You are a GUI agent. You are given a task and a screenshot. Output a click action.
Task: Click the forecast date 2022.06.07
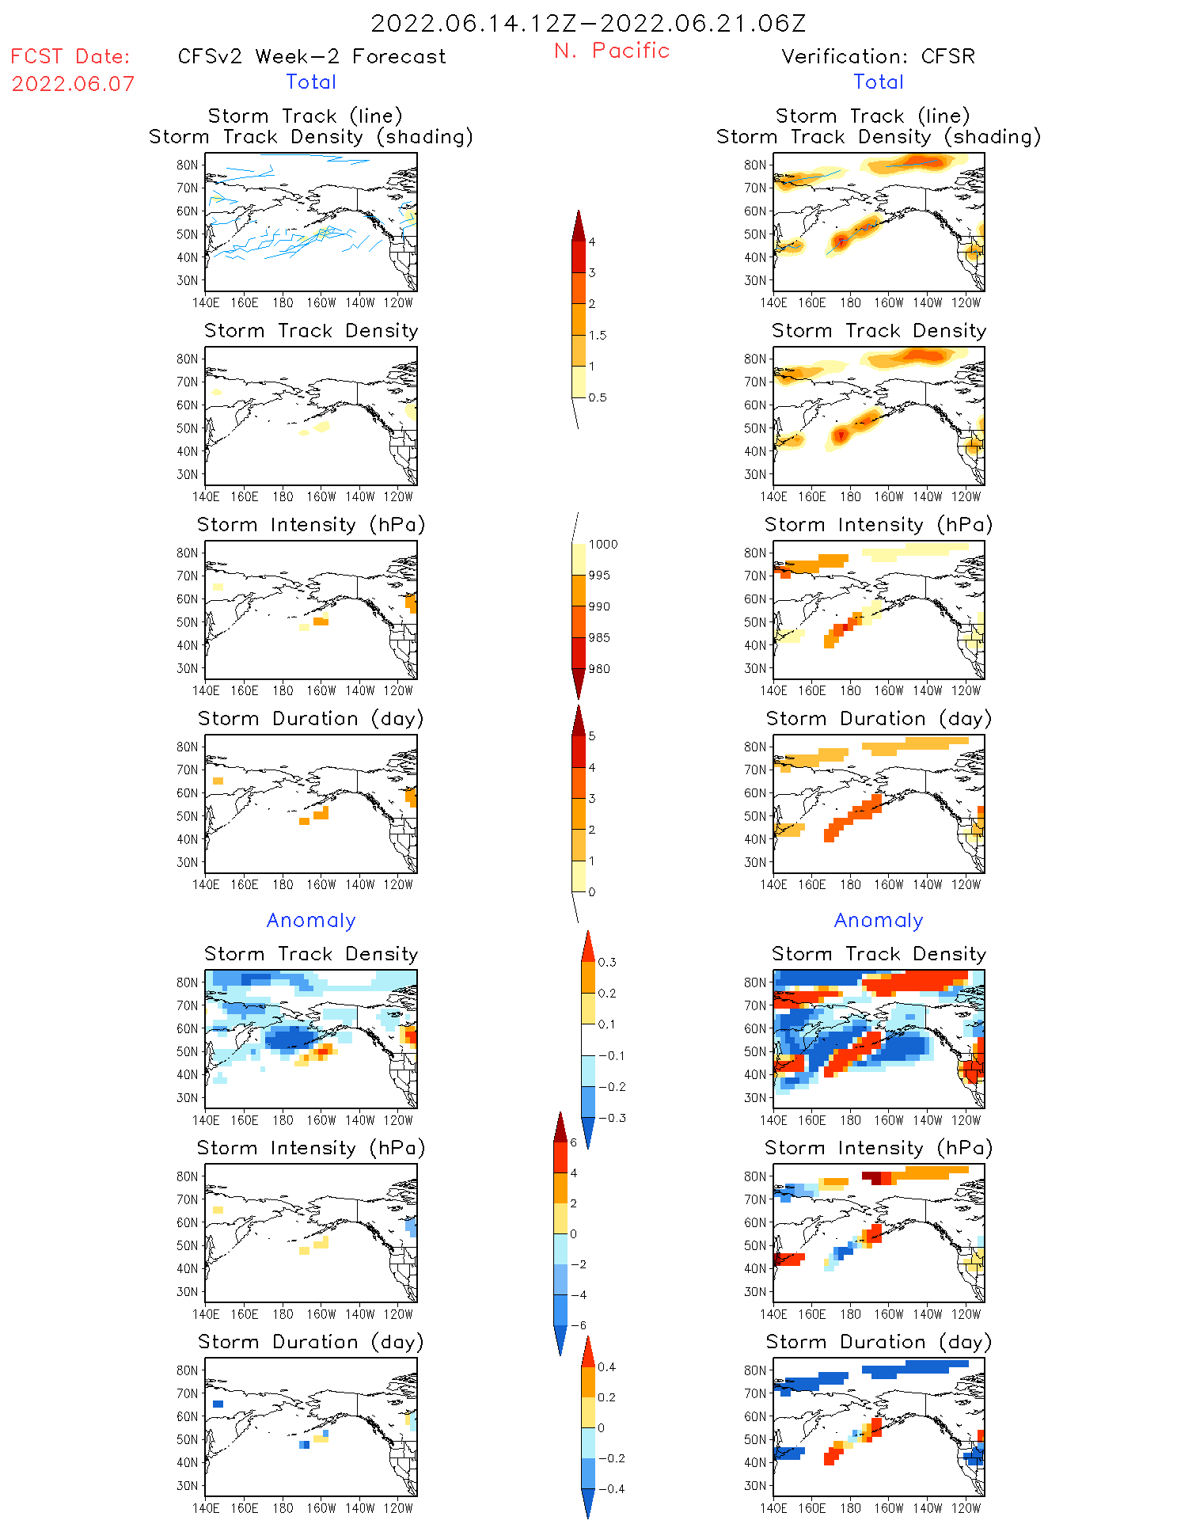coord(73,84)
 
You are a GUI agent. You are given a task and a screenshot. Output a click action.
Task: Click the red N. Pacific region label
coord(612,51)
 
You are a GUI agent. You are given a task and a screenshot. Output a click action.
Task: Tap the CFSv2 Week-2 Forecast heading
coord(312,57)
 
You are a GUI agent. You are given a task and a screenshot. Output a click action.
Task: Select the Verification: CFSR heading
coord(878,57)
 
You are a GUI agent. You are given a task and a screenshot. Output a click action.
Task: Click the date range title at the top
coord(588,24)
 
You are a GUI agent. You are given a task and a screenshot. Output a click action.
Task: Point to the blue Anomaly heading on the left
coord(311,921)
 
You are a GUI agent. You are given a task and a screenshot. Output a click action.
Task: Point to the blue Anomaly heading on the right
coord(879,921)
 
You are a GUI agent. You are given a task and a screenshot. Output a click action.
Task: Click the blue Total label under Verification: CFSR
coord(879,82)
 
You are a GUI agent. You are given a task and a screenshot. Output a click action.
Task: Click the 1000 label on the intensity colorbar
coord(602,545)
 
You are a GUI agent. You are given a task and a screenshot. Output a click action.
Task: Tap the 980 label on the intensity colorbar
coord(599,669)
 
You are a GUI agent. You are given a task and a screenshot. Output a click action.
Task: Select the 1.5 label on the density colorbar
coord(598,336)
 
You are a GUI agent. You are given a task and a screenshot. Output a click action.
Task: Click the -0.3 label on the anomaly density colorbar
coord(612,1119)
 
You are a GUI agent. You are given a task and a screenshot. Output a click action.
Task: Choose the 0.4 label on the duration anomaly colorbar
coord(606,1367)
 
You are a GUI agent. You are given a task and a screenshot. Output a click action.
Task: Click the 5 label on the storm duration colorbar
coord(592,736)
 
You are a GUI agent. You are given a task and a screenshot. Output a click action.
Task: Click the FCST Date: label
coord(70,57)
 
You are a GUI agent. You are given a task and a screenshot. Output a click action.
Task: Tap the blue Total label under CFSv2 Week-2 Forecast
coord(311,82)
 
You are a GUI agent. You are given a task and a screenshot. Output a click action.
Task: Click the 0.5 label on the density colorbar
coord(598,397)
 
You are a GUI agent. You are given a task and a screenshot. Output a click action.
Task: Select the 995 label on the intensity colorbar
coord(599,576)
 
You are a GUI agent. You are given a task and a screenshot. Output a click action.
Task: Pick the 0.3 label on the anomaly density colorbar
coord(606,963)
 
